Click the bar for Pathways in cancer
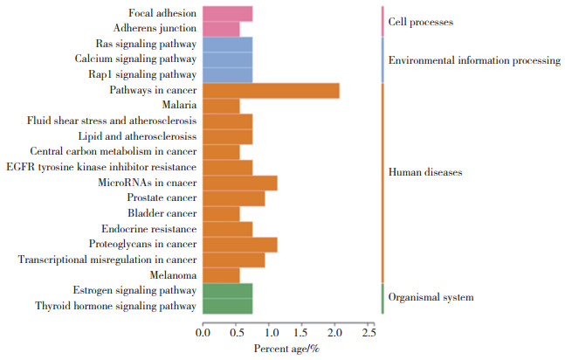pos(271,90)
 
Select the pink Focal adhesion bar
pos(227,13)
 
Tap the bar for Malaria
pos(221,106)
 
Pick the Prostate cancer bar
pos(233,198)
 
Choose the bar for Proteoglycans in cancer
pos(239,245)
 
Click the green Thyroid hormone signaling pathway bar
pos(227,306)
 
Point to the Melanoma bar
pos(221,275)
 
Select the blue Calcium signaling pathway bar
pos(227,59)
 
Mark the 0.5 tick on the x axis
pos(236,332)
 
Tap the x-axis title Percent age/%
pos(286,350)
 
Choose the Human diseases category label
pos(424,172)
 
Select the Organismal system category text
pos(431,297)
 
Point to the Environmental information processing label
pos(473,60)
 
